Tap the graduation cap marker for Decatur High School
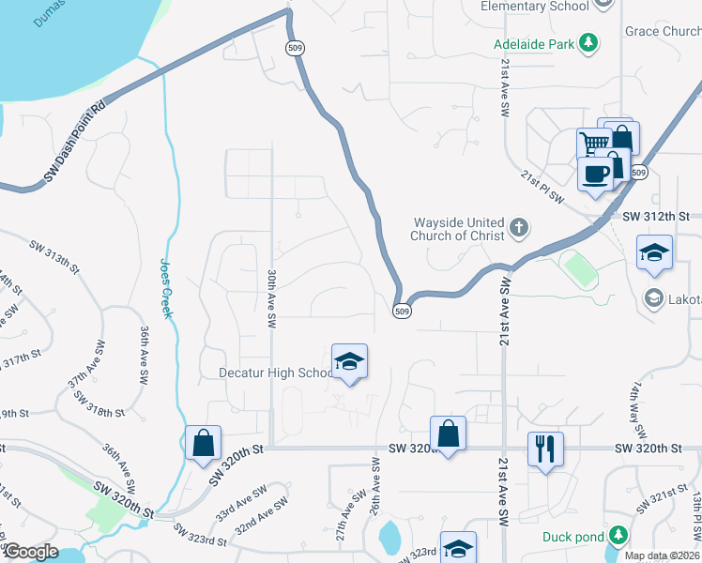pyautogui.click(x=349, y=362)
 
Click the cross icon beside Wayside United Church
pyautogui.click(x=518, y=228)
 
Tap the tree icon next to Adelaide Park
pyautogui.click(x=588, y=42)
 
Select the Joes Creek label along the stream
pyautogui.click(x=167, y=288)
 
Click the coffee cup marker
pyautogui.click(x=594, y=173)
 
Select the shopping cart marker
pyautogui.click(x=593, y=145)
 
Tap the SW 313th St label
pyautogui.click(x=56, y=252)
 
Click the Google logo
pyautogui.click(x=30, y=553)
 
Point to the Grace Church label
pyautogui.click(x=663, y=31)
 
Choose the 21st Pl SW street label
pyautogui.click(x=543, y=187)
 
